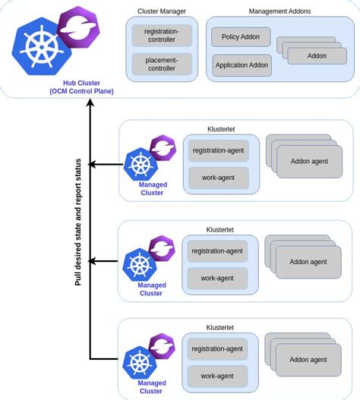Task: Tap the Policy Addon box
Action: point(241,36)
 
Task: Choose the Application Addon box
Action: point(241,65)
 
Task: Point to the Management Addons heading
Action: point(279,11)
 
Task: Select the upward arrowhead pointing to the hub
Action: point(90,104)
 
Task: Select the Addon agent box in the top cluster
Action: point(308,161)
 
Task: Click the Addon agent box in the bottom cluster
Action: point(308,360)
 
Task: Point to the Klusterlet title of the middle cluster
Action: point(220,228)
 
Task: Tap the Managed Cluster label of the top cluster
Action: point(150,188)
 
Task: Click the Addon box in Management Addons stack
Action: point(317,56)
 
